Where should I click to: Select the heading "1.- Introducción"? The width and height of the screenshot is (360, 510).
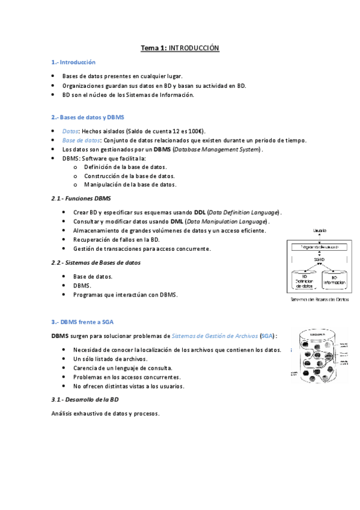pos(74,62)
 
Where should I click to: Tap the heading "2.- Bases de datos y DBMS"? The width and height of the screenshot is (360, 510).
pos(88,117)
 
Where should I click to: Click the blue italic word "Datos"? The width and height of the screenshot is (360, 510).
pos(70,131)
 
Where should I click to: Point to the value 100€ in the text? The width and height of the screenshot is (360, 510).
pos(195,131)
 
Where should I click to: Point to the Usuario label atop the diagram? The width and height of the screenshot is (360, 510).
pos(319,230)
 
